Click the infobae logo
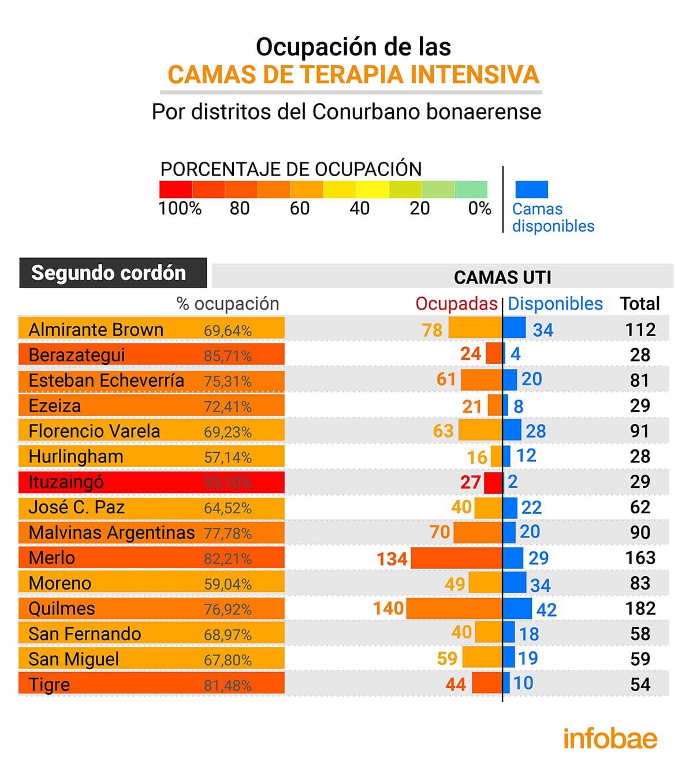610,739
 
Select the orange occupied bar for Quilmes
454,609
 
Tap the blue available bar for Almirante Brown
515,327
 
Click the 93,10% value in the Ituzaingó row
228,483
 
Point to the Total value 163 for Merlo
640,558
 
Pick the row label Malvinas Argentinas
111,532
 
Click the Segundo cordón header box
113,273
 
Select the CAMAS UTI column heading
502,277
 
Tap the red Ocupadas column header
456,304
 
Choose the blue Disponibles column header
555,304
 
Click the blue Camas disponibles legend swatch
531,189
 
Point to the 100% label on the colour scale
180,208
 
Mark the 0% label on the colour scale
479,208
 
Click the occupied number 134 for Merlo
392,559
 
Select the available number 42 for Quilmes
546,610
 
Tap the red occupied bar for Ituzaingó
493,482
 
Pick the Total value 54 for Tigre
640,685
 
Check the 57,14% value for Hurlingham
228,457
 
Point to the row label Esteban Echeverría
106,381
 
